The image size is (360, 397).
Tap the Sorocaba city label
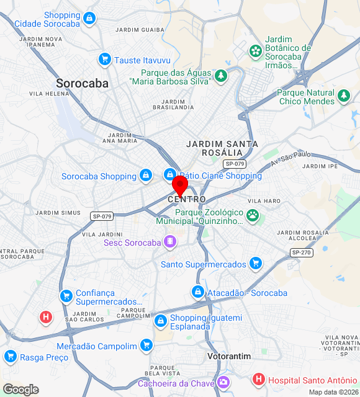point(82,83)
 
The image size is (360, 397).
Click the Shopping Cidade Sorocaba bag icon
point(89,19)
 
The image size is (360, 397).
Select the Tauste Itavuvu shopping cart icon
point(104,60)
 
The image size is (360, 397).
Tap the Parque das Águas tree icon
point(221,76)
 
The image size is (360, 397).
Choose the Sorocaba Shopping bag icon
point(145,176)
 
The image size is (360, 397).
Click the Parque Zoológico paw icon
point(253,215)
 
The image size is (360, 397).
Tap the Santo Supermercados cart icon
point(255,264)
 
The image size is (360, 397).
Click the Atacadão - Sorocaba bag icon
point(198,292)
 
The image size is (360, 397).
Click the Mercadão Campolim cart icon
point(146,346)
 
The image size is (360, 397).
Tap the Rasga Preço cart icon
point(10,357)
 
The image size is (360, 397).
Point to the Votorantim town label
point(228,357)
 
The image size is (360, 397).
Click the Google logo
point(20,390)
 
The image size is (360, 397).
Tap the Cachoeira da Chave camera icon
point(222,383)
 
